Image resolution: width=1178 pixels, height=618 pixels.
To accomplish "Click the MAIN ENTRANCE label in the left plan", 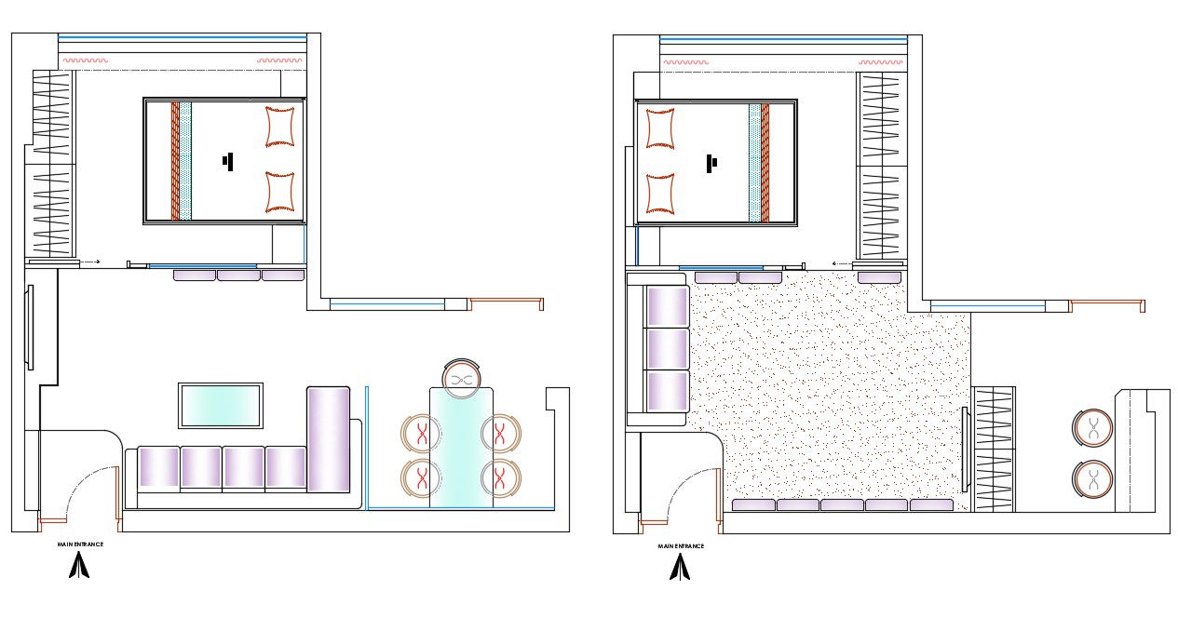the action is [x=80, y=544].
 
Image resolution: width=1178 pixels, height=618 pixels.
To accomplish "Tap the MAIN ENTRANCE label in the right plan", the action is [x=681, y=546].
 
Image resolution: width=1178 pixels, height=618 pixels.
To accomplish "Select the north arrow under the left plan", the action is [x=80, y=565].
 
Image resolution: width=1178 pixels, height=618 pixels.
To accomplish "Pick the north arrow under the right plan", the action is [x=681, y=567].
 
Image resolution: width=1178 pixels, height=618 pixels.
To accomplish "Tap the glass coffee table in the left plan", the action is [x=220, y=405].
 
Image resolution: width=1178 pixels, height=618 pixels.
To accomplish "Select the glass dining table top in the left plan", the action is [x=461, y=447].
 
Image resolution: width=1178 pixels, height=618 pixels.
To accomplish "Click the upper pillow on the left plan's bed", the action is [x=281, y=127].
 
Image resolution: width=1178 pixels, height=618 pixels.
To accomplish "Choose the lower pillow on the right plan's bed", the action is [x=660, y=193].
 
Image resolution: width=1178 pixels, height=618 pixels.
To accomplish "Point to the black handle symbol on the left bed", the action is [x=227, y=161].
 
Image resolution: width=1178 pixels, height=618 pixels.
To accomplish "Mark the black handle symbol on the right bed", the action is [x=711, y=164].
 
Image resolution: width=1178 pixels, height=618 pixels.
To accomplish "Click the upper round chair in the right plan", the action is [x=1090, y=427].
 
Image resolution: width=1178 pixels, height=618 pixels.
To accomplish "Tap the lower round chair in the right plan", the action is [x=1090, y=480].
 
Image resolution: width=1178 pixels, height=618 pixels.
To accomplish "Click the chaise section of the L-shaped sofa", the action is [x=328, y=439].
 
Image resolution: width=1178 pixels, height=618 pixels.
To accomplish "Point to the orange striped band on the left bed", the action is [x=174, y=160].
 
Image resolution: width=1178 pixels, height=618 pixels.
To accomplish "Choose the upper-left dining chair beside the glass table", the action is [x=420, y=433].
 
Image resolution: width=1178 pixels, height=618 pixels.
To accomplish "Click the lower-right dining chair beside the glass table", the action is [x=501, y=477].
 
